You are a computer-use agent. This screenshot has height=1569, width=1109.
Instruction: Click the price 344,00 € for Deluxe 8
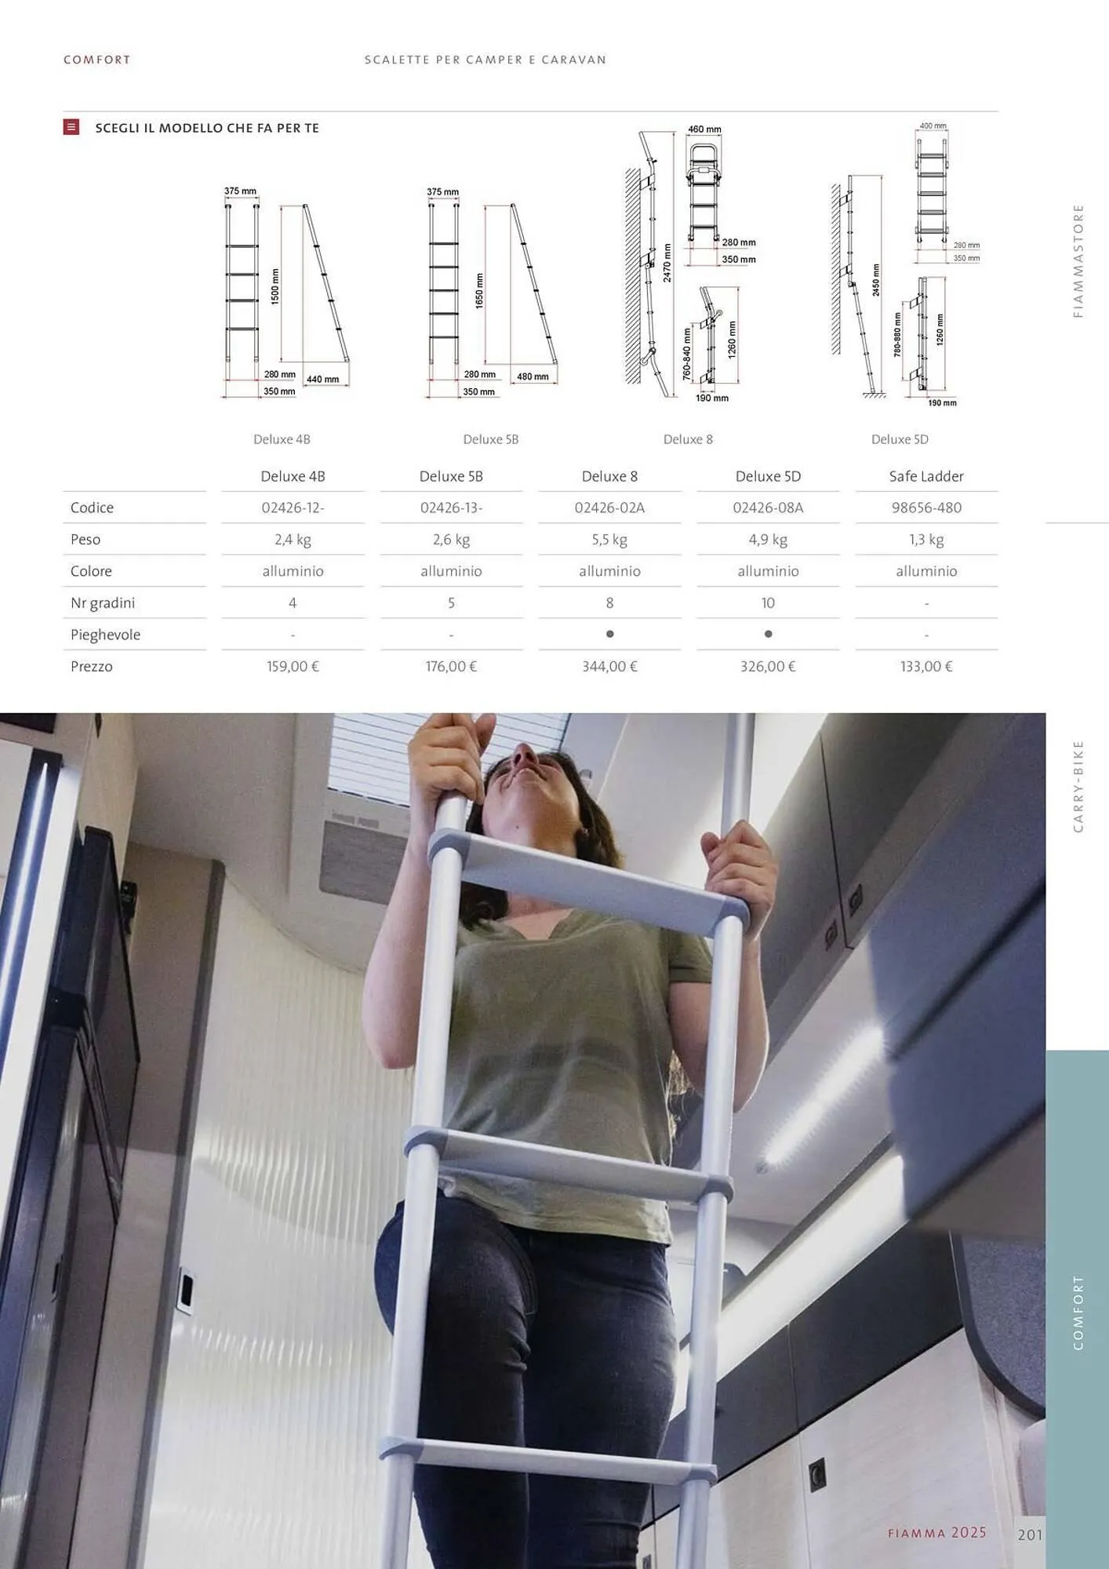(609, 666)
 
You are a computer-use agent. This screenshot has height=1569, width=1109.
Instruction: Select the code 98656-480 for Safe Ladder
(926, 508)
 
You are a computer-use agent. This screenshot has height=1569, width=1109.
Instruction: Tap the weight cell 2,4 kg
(293, 540)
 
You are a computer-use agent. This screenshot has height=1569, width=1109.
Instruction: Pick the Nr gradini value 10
(768, 602)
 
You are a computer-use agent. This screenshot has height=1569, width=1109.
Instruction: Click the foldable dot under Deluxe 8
(609, 634)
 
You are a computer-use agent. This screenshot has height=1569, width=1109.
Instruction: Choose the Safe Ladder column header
(926, 476)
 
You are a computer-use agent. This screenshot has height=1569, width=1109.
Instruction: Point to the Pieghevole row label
(105, 635)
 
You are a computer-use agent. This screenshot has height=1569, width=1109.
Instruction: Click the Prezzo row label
(92, 666)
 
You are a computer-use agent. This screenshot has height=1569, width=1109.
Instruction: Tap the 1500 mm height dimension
(275, 286)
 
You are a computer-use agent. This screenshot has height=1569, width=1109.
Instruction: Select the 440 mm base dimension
(322, 379)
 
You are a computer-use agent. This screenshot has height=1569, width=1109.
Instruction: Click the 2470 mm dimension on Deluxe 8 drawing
(667, 263)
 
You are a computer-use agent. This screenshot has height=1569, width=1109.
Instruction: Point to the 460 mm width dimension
(704, 129)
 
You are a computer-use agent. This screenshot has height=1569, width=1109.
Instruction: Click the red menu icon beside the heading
(71, 127)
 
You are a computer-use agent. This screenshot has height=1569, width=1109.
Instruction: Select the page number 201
(1030, 1535)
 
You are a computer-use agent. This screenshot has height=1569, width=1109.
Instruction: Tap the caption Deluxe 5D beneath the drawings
(900, 439)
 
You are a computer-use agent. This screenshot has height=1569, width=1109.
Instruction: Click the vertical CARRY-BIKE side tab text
(1078, 786)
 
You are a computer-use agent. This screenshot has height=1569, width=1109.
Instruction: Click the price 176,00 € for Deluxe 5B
(451, 666)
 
